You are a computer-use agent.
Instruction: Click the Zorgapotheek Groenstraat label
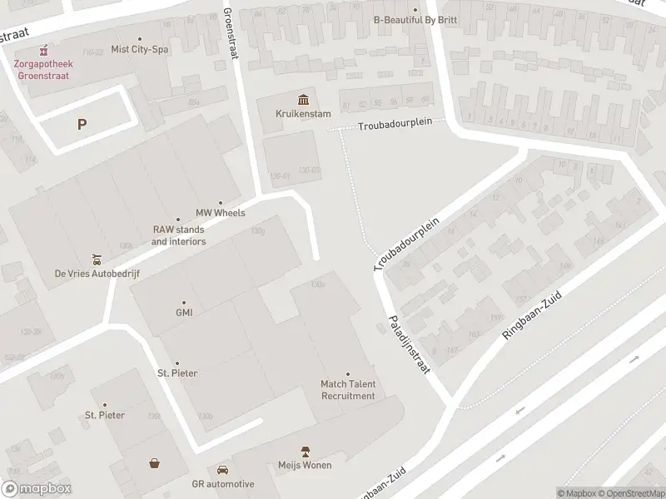(x=41, y=70)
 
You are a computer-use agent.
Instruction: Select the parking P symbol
(x=82, y=125)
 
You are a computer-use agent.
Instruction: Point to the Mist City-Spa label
(x=139, y=50)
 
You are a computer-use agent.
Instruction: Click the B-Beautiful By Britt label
(x=416, y=20)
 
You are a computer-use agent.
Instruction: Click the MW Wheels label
(x=221, y=213)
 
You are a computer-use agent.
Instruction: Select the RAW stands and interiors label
(x=178, y=235)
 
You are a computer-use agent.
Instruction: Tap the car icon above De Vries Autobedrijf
(x=97, y=258)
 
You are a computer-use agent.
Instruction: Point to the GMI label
(x=184, y=313)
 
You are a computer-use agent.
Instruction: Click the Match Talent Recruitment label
(x=348, y=389)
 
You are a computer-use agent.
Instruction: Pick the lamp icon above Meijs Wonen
(x=306, y=451)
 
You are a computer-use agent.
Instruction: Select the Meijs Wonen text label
(x=306, y=465)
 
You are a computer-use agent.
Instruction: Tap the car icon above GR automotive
(x=222, y=470)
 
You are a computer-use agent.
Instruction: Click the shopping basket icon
(x=155, y=463)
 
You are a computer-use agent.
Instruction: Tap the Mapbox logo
(x=37, y=489)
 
